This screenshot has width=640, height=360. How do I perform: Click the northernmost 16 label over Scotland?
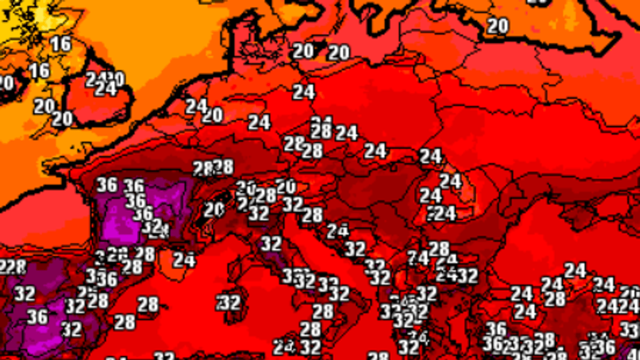click(x=61, y=44)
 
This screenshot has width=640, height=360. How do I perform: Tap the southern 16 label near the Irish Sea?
click(x=39, y=70)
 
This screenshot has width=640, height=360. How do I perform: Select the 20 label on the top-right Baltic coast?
click(x=498, y=26)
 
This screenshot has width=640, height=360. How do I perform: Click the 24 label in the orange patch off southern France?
click(x=184, y=260)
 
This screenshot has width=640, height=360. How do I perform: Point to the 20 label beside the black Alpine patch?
click(x=214, y=210)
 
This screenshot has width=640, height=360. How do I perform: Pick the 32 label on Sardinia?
click(x=229, y=302)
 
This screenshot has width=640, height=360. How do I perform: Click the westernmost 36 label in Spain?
click(x=37, y=317)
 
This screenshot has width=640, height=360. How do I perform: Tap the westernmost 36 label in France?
click(x=107, y=185)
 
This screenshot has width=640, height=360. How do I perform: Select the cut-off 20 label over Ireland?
click(x=5, y=83)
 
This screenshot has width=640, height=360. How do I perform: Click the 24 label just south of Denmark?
click(x=304, y=92)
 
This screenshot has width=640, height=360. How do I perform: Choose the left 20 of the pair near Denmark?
click(x=303, y=51)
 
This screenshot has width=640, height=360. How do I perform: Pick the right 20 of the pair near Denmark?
click(x=338, y=52)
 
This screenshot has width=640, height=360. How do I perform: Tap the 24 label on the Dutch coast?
click(x=196, y=106)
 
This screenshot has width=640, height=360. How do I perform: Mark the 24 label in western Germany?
click(x=259, y=122)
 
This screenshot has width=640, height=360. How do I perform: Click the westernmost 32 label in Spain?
click(x=25, y=293)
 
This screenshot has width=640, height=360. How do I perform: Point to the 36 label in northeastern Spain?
click(x=107, y=278)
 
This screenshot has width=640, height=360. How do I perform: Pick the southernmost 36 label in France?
click(x=142, y=213)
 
